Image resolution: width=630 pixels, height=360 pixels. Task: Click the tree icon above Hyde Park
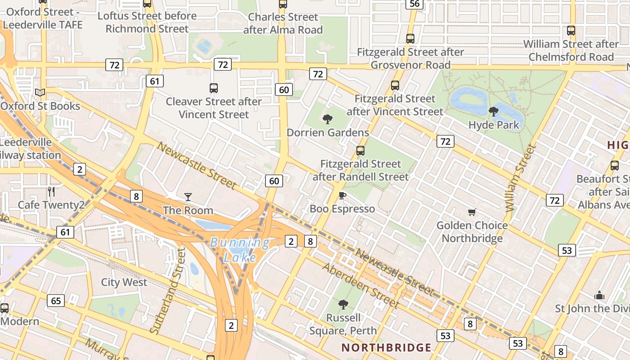[494, 111]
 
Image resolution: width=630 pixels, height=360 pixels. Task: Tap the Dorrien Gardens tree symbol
[328, 119]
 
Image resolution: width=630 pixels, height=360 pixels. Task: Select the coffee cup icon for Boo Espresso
[342, 195]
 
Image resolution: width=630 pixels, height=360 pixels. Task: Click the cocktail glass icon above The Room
[188, 197]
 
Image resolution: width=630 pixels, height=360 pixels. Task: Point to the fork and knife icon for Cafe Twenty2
[51, 192]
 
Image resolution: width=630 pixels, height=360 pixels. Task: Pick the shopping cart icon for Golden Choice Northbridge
[472, 212]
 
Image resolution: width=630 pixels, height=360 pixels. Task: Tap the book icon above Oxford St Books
[40, 93]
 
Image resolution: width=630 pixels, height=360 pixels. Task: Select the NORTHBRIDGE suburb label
[386, 347]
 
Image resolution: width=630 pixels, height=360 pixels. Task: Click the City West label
[124, 282]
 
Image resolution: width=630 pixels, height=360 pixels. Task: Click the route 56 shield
[414, 4]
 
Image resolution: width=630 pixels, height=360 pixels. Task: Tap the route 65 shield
[56, 301]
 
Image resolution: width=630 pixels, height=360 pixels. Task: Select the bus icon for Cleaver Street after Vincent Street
[214, 88]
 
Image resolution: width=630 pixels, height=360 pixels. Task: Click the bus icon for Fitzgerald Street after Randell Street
[360, 151]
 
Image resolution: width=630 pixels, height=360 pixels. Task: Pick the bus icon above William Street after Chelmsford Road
[571, 31]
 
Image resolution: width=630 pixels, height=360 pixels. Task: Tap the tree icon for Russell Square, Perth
[343, 305]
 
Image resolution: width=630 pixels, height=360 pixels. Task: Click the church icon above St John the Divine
[599, 296]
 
